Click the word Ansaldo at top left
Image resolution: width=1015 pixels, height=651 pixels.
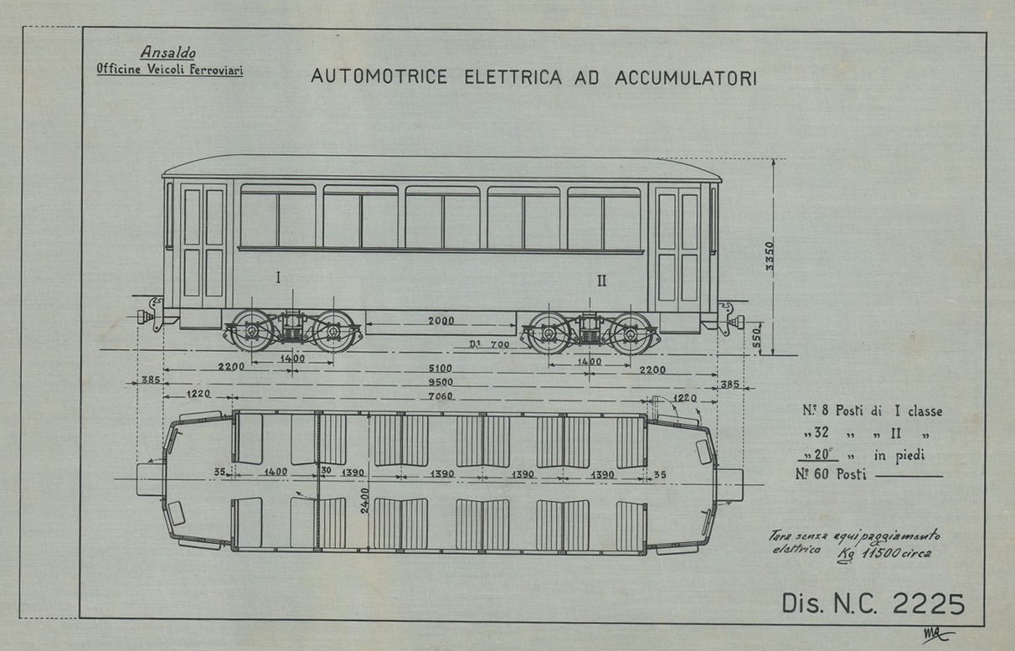click(x=168, y=54)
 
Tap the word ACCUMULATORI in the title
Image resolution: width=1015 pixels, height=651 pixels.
click(x=686, y=77)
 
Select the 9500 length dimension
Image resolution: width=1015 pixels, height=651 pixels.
click(x=440, y=382)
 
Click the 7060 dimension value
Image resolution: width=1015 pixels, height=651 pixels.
click(x=440, y=396)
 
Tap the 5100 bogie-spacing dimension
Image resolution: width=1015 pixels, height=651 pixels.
click(x=440, y=369)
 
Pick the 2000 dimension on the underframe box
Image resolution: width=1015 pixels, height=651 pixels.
click(x=440, y=321)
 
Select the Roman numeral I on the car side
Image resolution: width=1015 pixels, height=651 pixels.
click(x=278, y=277)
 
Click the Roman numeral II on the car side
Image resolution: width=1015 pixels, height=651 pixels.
click(x=601, y=280)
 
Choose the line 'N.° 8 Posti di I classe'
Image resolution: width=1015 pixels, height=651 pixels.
click(x=871, y=411)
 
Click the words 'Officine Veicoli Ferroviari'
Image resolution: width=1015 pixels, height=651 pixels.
click(x=170, y=70)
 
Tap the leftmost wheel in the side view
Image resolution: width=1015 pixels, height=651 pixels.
click(x=251, y=332)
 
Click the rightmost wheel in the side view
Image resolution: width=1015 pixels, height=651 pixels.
click(x=630, y=333)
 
